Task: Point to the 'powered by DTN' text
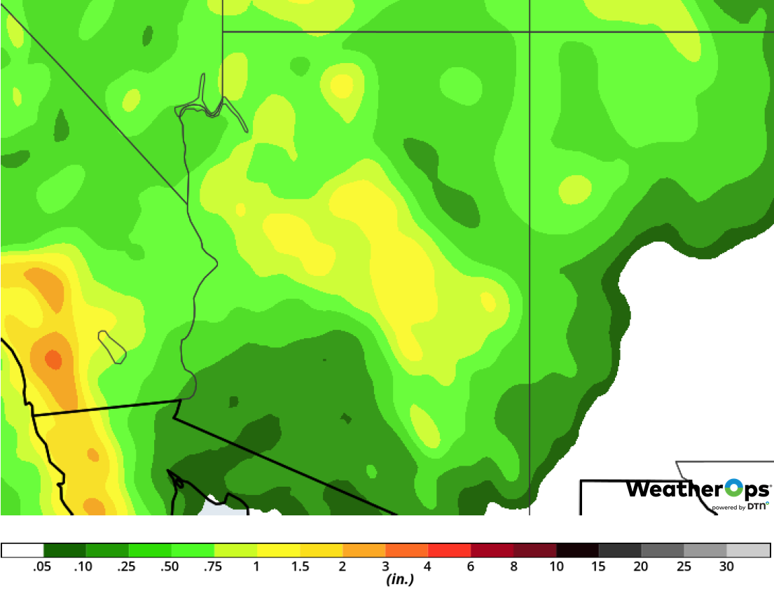point(740,506)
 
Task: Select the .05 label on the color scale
point(42,566)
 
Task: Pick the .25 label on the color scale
point(127,566)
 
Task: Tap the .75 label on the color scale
point(213,566)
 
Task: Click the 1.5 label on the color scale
point(300,566)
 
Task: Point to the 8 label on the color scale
point(513,566)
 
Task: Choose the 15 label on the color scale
point(599,566)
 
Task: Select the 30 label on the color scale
point(726,566)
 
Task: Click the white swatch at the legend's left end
point(22,550)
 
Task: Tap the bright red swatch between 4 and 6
point(449,550)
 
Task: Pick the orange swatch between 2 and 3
point(364,550)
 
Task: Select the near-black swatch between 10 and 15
point(577,550)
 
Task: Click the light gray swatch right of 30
point(748,550)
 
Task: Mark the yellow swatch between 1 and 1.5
point(278,550)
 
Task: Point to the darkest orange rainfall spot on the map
point(53,360)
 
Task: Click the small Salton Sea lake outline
point(111,346)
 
